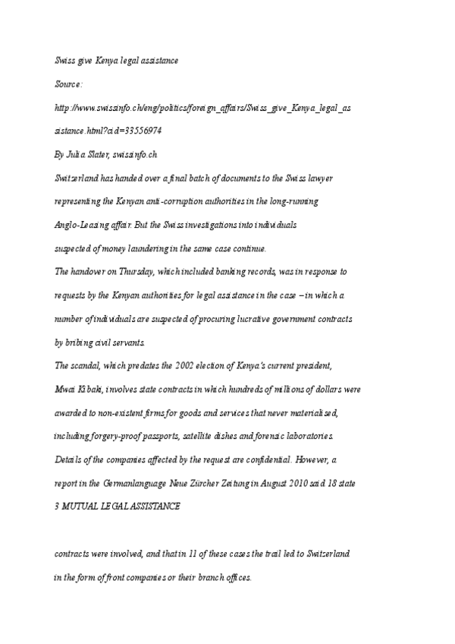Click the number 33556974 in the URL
[x=140, y=131]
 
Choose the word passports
[x=168, y=437]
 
